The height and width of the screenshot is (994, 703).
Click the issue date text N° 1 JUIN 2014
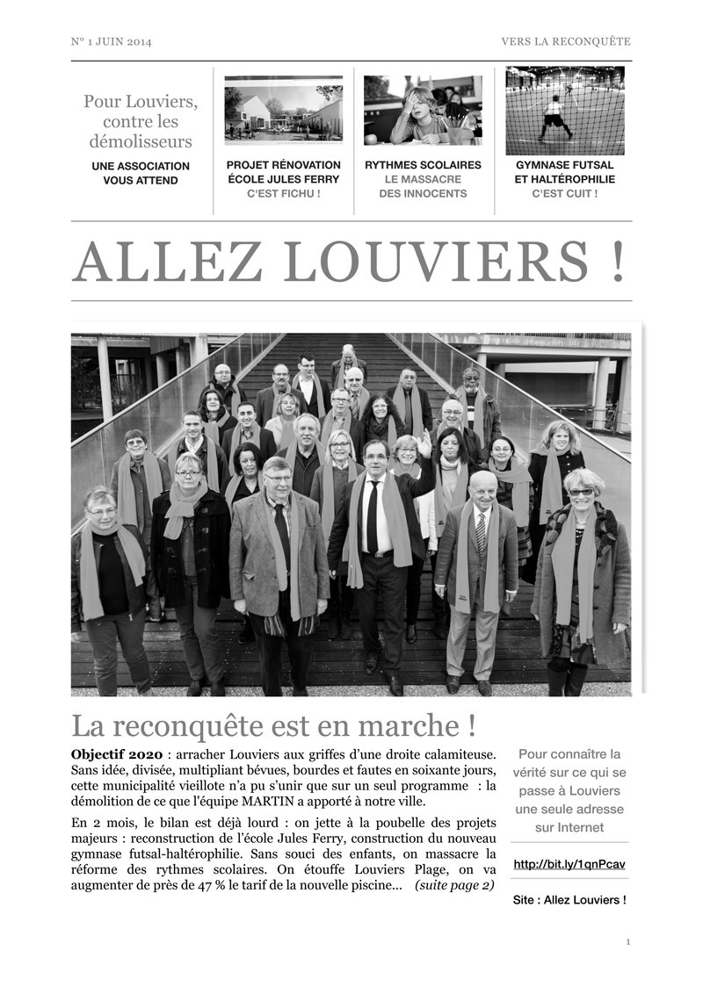tap(111, 42)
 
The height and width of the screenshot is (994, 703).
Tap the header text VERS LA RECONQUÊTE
tap(566, 42)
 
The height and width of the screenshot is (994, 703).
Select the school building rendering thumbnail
tap(283, 109)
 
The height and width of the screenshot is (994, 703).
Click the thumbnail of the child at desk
tap(423, 109)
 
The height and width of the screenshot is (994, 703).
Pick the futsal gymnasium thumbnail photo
tap(564, 110)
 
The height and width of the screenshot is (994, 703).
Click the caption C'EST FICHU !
tap(283, 193)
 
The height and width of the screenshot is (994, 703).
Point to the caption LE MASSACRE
tap(423, 179)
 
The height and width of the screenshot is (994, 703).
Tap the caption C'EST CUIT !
tap(564, 193)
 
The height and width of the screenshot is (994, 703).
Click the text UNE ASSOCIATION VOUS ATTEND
tap(141, 173)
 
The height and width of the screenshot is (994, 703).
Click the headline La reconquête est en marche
tap(273, 726)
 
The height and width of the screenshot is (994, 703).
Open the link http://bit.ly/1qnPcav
tap(569, 864)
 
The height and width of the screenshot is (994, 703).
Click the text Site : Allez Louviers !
tap(569, 900)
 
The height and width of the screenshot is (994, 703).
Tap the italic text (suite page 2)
tap(454, 885)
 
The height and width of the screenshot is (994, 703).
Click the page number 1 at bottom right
tap(628, 942)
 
